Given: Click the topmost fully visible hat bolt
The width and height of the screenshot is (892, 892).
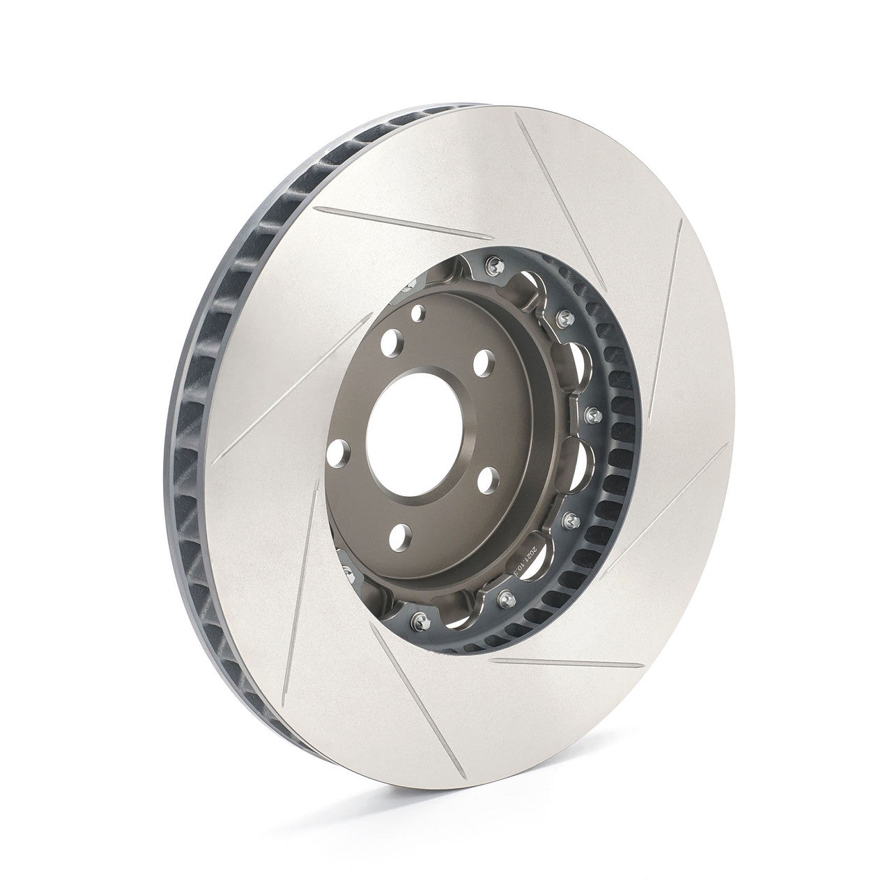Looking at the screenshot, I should (x=495, y=263).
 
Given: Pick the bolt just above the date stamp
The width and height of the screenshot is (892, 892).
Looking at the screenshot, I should (x=571, y=518).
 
